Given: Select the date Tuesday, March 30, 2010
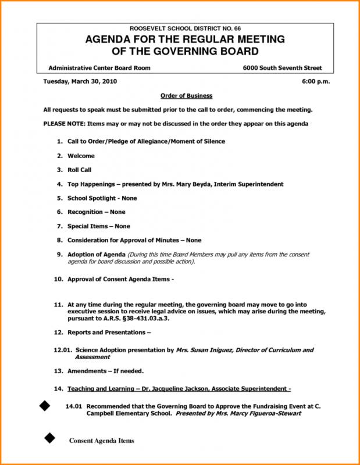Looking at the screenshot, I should pyautogui.click(x=80, y=82).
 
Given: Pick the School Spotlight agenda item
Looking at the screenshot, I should pyautogui.click(x=93, y=198).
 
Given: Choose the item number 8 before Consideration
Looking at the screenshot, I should pyautogui.click(x=59, y=239).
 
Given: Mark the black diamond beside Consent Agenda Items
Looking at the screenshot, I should pyautogui.click(x=49, y=437).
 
